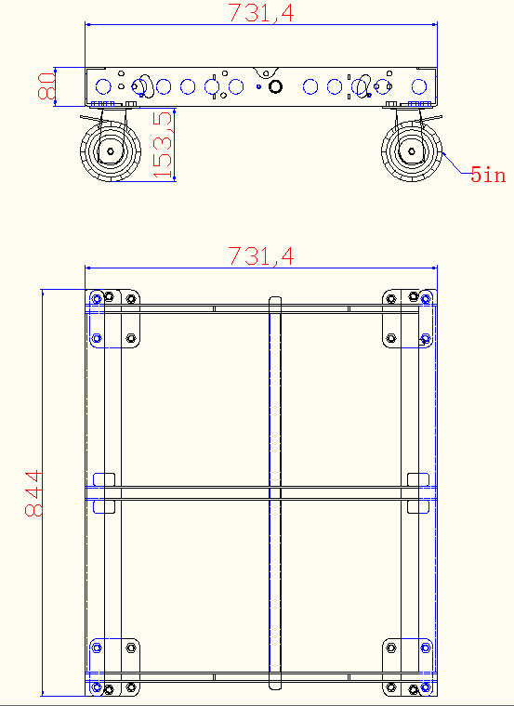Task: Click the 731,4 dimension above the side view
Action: point(260,12)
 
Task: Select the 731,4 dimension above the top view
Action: point(260,256)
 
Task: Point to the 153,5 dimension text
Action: point(164,145)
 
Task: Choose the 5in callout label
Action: point(488,174)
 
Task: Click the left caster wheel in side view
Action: point(110,151)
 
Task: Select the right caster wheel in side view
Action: point(413,151)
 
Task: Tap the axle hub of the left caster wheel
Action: point(110,151)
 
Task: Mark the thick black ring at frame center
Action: point(275,86)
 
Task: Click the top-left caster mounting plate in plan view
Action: point(115,319)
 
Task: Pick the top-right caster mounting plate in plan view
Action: point(407,319)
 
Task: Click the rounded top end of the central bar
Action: point(275,301)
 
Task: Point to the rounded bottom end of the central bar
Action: point(275,686)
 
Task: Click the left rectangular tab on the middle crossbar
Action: point(104,492)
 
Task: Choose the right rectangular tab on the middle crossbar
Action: point(418,492)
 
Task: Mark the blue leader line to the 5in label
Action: point(455,165)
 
